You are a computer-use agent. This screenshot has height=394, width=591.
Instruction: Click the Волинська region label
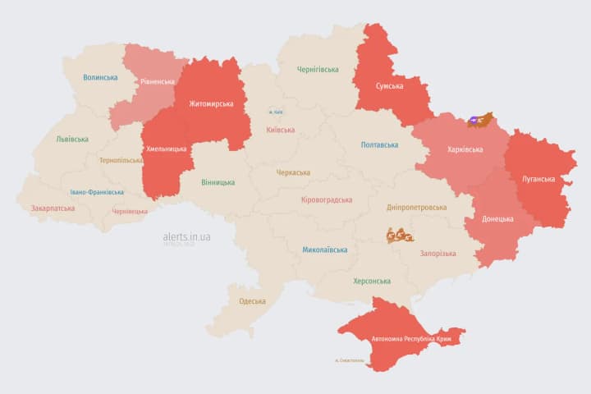(99, 77)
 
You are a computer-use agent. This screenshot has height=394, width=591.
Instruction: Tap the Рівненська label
(157, 81)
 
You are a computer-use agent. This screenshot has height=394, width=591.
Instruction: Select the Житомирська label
(211, 103)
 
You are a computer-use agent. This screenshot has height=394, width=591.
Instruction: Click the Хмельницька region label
(166, 149)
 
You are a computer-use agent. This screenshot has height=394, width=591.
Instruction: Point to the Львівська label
(72, 139)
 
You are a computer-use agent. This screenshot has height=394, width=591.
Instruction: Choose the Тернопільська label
(120, 160)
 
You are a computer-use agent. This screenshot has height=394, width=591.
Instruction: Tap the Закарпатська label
(53, 208)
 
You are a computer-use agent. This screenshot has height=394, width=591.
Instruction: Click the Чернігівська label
(318, 69)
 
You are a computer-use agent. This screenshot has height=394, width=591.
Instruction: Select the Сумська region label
(389, 85)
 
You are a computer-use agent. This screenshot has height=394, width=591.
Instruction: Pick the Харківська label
(465, 149)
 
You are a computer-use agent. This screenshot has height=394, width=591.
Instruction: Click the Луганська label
(538, 178)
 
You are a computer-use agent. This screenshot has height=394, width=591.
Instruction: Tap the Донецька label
(497, 218)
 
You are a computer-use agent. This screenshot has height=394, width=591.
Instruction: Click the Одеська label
(252, 300)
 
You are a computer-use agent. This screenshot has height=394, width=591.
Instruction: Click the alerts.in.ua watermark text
(186, 236)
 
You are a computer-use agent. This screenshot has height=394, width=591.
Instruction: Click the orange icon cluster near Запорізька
(401, 235)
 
